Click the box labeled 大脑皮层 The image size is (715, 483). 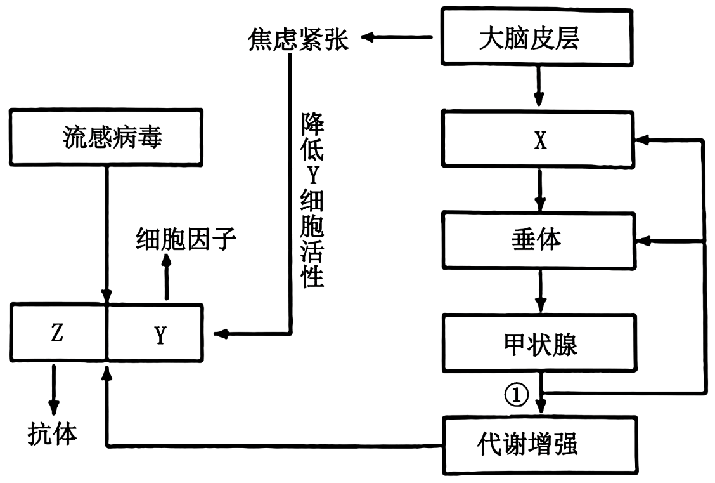click(537, 37)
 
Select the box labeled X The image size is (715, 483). click(538, 139)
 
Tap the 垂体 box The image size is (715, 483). click(539, 240)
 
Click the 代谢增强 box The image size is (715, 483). click(540, 445)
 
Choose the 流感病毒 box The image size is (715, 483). click(106, 137)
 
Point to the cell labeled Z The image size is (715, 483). click(58, 333)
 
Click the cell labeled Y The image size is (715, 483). click(155, 333)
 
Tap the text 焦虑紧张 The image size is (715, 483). click(298, 39)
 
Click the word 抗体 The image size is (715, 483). click(52, 433)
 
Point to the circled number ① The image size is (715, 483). click(516, 395)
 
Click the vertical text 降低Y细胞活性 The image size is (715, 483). click(312, 201)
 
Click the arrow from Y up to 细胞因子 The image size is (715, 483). click(167, 277)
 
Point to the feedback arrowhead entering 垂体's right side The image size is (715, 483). click(643, 241)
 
